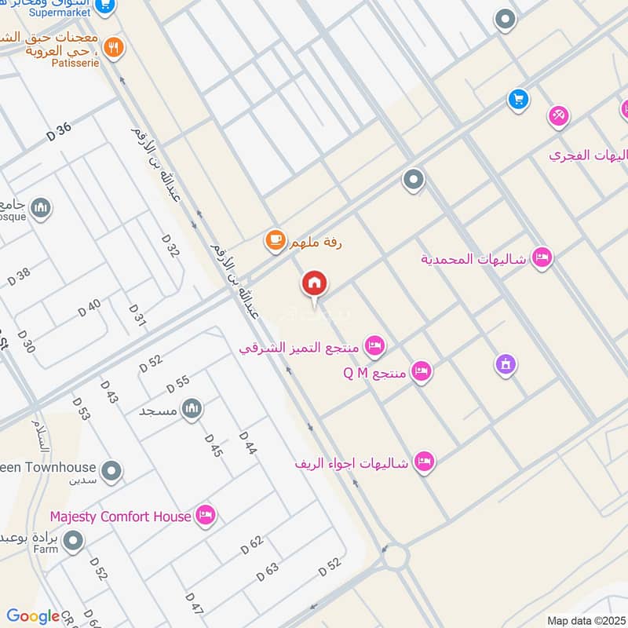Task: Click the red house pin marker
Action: coord(315,284)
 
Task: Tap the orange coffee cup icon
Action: coord(275,240)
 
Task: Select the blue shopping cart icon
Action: coord(517,99)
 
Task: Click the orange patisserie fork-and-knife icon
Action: coord(115,48)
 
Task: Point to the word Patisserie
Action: coord(75,63)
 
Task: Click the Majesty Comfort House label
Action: coord(120,517)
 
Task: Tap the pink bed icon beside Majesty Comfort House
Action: coord(206,515)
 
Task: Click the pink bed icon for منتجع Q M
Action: coord(422,371)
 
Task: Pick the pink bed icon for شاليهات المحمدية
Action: coord(541,257)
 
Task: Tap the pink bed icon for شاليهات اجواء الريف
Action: coord(424,462)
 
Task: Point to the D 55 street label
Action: coord(178,385)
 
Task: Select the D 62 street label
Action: coord(251,544)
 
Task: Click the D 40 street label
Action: coord(89,309)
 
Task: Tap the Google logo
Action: coord(33,616)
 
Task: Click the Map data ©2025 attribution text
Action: coord(584,621)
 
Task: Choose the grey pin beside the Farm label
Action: coord(73,541)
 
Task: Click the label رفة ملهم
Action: coord(315,243)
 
